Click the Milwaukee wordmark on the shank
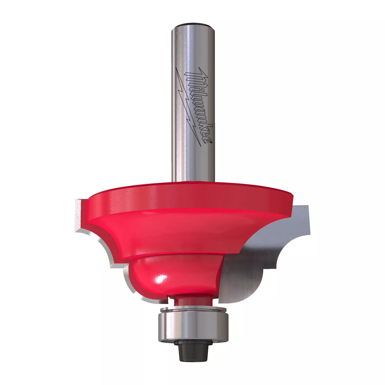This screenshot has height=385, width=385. click(x=199, y=105)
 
